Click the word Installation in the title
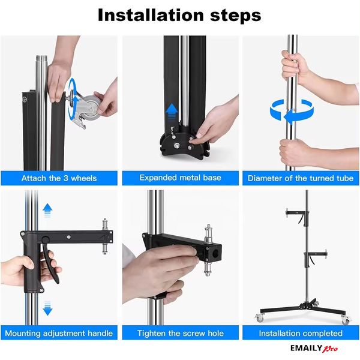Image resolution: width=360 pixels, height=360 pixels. point(151,15)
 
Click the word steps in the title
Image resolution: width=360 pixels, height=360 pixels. point(236,16)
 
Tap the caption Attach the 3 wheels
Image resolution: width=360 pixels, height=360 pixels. point(59,178)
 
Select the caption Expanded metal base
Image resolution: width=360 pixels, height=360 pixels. point(180,178)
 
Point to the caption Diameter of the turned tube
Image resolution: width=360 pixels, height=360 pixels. point(301,178)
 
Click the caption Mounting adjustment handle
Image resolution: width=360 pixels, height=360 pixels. point(59,333)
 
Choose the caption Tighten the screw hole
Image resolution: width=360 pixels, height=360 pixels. point(180,333)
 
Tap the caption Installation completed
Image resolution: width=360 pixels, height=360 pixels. point(301,333)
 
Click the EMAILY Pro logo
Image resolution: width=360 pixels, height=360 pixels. point(314,348)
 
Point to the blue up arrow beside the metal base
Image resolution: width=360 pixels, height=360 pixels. point(172,112)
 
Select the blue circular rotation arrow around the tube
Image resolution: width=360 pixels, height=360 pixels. point(292,110)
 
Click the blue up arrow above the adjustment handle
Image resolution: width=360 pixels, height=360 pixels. point(47,210)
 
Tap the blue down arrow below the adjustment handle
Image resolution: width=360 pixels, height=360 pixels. point(47,308)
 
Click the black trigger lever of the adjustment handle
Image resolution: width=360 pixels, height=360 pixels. point(50,262)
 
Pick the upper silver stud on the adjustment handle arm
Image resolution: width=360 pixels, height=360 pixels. point(105,224)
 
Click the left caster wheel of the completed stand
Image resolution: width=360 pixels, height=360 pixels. point(259,318)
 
